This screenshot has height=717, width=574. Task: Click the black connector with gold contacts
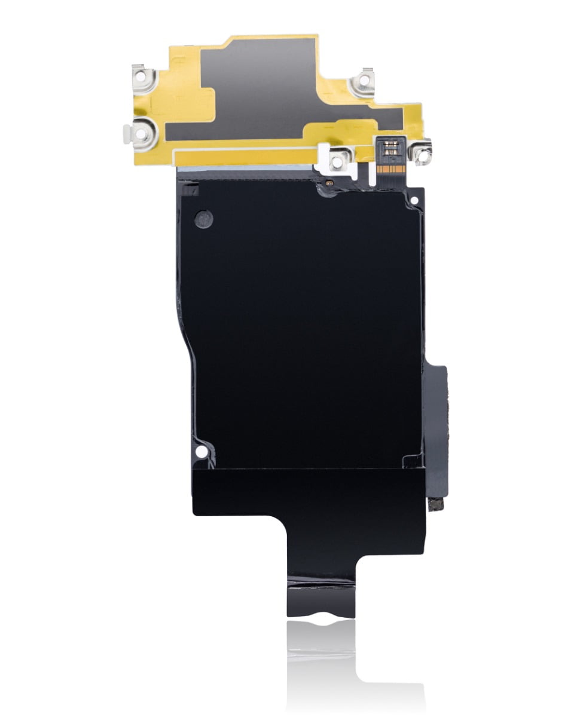389,146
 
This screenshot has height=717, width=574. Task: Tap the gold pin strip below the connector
389,169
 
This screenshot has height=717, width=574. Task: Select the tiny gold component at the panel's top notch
329,181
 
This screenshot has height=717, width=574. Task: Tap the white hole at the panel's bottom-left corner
202,450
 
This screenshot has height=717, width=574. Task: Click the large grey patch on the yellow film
269,84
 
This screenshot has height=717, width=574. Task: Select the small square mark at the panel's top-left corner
190,192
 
